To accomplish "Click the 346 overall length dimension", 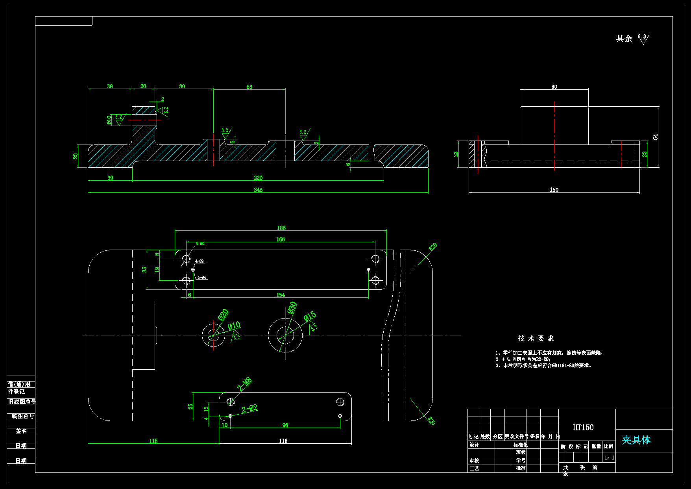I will pyautogui.click(x=258, y=190).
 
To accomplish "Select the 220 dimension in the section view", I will pyautogui.click(x=258, y=178).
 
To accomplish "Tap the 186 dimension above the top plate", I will pyautogui.click(x=281, y=228).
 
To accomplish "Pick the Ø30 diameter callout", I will pyautogui.click(x=292, y=307).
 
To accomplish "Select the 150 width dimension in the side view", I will pyautogui.click(x=554, y=190).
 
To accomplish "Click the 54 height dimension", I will pyautogui.click(x=655, y=137).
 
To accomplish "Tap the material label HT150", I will pyautogui.click(x=583, y=427).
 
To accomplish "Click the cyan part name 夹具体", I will pyautogui.click(x=636, y=440).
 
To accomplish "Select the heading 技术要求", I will pyautogui.click(x=536, y=338).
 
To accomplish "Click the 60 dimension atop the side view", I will pyautogui.click(x=554, y=87).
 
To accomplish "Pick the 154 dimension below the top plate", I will pyautogui.click(x=281, y=295).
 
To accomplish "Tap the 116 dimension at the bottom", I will pyautogui.click(x=283, y=441).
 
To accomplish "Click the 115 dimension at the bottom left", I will pyautogui.click(x=153, y=441).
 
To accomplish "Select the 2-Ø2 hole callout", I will pyautogui.click(x=249, y=409).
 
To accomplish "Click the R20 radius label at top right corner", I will pyautogui.click(x=432, y=247).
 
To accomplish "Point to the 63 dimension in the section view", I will pyautogui.click(x=249, y=87).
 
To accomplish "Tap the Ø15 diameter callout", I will pyautogui.click(x=310, y=316).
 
